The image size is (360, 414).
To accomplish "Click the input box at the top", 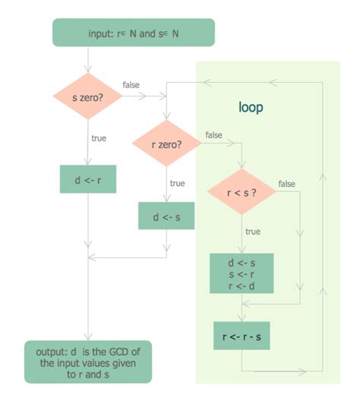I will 133,33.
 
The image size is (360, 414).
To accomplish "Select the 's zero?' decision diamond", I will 88,96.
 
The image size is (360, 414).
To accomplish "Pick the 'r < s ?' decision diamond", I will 241,193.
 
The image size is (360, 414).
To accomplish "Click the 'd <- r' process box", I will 87,179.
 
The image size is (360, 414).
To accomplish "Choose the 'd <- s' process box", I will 166,216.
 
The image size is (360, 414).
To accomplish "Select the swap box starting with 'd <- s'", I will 241,274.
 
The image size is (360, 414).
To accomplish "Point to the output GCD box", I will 88,361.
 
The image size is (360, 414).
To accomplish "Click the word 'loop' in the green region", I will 251,108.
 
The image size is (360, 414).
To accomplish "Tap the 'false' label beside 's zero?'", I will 131,84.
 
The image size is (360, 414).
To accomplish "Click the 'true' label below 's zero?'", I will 99,139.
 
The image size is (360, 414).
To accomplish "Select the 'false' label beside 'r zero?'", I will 213,134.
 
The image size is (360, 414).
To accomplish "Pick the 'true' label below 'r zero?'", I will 177,183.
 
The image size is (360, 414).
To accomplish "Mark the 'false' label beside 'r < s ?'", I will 286,184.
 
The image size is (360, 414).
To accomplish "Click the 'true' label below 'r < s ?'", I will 253,231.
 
